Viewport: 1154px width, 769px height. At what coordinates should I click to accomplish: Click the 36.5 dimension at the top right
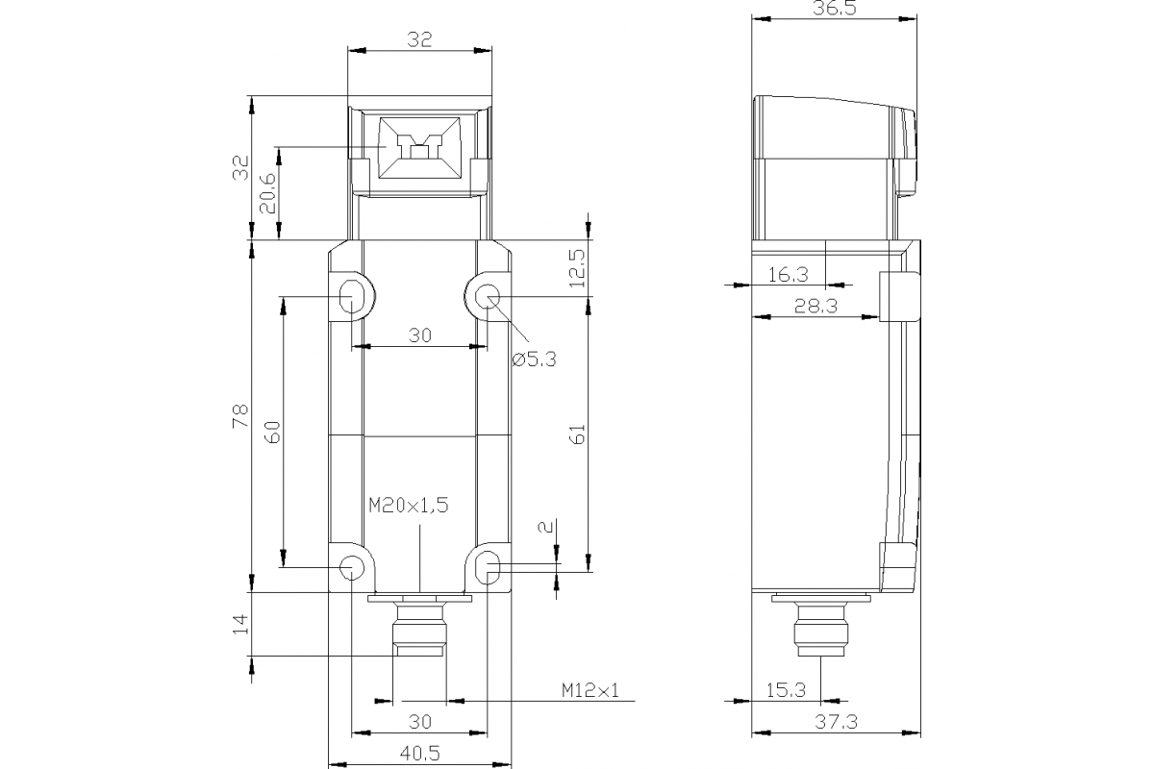833,9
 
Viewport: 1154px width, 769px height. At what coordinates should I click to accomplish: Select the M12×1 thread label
590,689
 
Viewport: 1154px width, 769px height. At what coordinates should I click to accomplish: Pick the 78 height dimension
240,415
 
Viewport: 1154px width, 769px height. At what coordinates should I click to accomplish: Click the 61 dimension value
577,434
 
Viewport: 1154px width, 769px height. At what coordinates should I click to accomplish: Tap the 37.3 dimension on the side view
833,721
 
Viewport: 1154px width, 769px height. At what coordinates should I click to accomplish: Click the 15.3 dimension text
787,689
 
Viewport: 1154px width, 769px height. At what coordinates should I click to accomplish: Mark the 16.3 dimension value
789,274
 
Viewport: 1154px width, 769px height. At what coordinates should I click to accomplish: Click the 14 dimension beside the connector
240,625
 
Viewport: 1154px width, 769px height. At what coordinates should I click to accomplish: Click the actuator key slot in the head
419,148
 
